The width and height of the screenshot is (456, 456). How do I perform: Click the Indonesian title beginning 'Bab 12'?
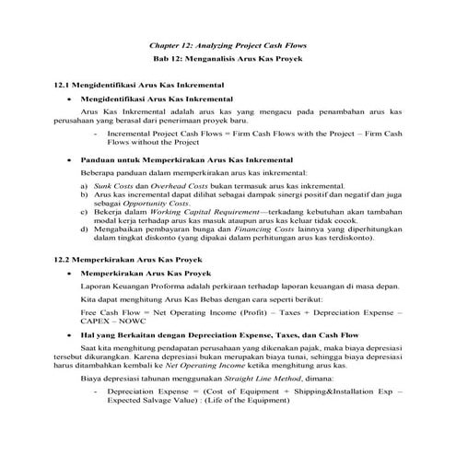click(x=228, y=60)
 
